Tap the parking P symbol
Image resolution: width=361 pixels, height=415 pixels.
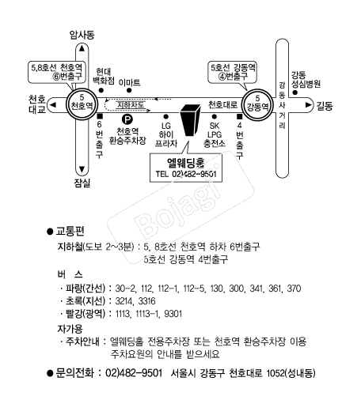tap(127, 119)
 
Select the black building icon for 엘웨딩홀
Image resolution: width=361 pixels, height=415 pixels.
tap(190, 120)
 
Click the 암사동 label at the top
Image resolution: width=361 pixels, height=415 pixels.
tap(82, 35)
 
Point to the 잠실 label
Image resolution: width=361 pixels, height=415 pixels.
tap(82, 183)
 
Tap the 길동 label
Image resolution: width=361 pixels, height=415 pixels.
tap(324, 106)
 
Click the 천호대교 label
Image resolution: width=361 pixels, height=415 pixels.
tap(37, 104)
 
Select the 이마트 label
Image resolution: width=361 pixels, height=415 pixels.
tap(129, 82)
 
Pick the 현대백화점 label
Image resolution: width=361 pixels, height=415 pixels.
tap(104, 76)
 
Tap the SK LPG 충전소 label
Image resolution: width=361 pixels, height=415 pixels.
tap(215, 134)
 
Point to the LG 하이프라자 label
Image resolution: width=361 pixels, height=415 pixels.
tap(166, 134)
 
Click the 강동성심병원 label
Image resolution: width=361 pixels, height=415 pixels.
tap(306, 79)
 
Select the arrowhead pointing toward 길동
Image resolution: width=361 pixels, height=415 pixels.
tap(308, 105)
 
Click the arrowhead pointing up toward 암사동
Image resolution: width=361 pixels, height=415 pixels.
tap(82, 48)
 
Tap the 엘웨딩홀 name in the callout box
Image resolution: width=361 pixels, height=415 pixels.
tap(186, 163)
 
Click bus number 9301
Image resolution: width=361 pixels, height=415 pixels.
tap(173, 314)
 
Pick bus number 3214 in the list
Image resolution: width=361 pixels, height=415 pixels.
tap(123, 301)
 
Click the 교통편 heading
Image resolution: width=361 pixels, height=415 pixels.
tap(70, 232)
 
